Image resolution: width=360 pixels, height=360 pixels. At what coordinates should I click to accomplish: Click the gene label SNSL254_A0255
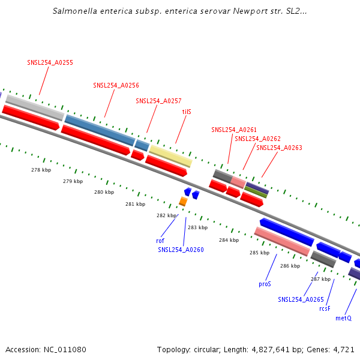50,62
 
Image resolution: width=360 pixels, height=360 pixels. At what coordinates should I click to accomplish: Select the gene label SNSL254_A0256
116,85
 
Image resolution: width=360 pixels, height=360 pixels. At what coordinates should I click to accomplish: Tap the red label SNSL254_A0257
158,101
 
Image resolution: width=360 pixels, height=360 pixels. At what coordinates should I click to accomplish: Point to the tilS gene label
187,112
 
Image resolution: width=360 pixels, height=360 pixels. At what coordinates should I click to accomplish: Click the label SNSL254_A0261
234,130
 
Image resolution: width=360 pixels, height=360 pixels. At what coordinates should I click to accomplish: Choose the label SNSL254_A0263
279,148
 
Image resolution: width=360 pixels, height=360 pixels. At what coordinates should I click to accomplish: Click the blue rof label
160,241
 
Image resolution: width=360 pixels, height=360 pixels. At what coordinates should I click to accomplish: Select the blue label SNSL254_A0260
181,250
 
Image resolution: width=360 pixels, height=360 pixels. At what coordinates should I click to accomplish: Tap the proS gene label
265,283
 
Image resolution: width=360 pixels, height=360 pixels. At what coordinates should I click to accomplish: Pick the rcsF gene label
325,308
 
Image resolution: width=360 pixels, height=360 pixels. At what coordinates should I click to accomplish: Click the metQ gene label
343,318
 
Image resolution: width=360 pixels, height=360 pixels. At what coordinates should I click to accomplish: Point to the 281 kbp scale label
135,204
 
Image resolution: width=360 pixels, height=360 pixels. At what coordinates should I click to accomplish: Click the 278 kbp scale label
41,170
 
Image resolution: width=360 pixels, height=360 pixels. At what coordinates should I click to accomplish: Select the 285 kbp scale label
259,253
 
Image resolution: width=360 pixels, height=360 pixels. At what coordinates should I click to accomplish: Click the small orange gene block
183,202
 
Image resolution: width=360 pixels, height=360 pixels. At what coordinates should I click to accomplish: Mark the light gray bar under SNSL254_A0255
34,107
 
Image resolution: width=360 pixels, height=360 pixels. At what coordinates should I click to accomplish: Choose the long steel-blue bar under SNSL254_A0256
100,130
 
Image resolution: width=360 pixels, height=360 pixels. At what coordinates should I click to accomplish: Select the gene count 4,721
343,349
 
